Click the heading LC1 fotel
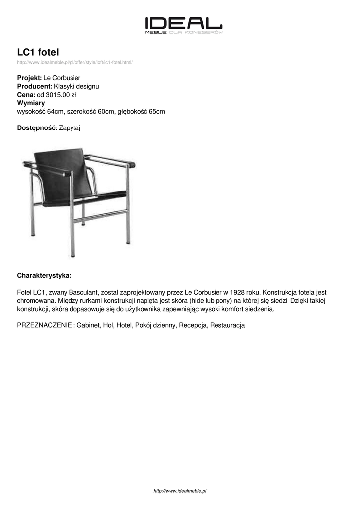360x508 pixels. coord(38,52)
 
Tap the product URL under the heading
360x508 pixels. coord(74,62)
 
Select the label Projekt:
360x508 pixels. coord(29,78)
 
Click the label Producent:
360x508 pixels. coord(35,86)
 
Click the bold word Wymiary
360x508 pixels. coord(31,103)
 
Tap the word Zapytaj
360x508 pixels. coord(70,128)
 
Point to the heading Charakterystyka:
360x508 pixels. coord(44,275)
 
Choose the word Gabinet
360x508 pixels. coord(88,325)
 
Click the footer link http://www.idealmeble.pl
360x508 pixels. coord(180,491)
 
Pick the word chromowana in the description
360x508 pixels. coord(36,301)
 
